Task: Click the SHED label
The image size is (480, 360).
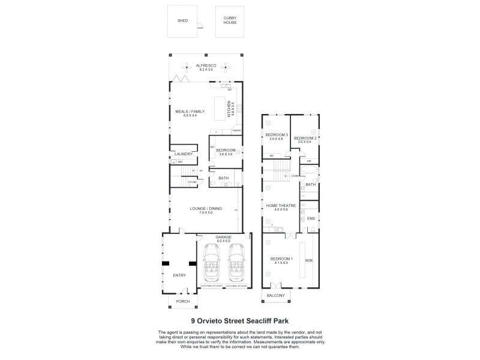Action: (x=182, y=20)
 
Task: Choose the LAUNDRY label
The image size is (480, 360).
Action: (x=183, y=154)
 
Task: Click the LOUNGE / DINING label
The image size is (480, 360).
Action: (x=205, y=209)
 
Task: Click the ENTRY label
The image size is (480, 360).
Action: (x=179, y=275)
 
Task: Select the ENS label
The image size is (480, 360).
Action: (x=311, y=219)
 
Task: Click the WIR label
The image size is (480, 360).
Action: (x=310, y=262)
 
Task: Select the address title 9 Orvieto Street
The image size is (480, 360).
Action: (x=240, y=321)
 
